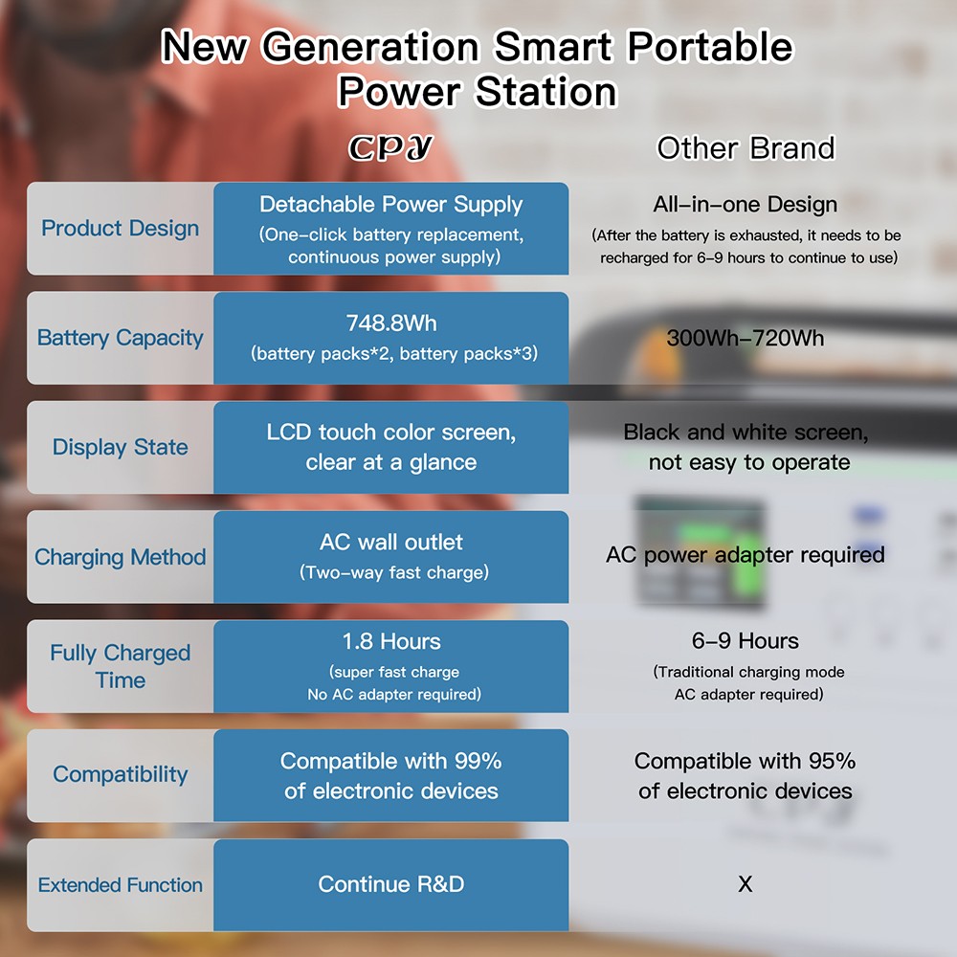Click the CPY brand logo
(390, 147)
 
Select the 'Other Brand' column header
(746, 147)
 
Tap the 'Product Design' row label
(121, 229)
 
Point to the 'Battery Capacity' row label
(121, 338)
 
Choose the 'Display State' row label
(121, 447)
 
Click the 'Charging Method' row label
(121, 557)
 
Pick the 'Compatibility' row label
(121, 774)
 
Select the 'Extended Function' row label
(121, 884)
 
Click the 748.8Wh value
(391, 323)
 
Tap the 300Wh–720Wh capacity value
(746, 338)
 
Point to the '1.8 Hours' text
(391, 641)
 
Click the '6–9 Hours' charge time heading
(746, 641)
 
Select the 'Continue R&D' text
(391, 883)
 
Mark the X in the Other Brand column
(746, 883)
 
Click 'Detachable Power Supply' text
(391, 205)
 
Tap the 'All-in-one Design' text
(746, 205)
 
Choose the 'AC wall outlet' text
(391, 542)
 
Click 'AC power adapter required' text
(746, 555)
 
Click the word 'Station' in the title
(546, 92)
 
